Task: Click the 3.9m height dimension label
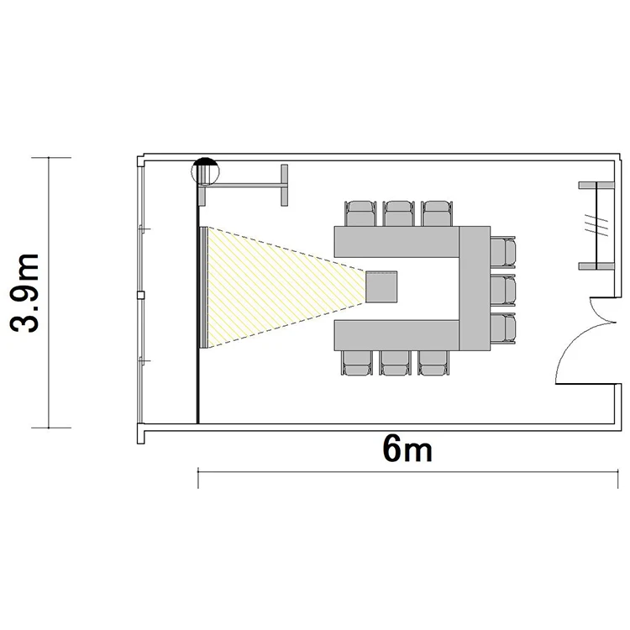(24, 293)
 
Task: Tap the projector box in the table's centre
(381, 287)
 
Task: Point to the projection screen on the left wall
(203, 287)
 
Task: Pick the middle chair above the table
(398, 213)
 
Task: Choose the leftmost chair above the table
(360, 213)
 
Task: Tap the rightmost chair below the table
(433, 363)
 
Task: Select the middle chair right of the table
(502, 290)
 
